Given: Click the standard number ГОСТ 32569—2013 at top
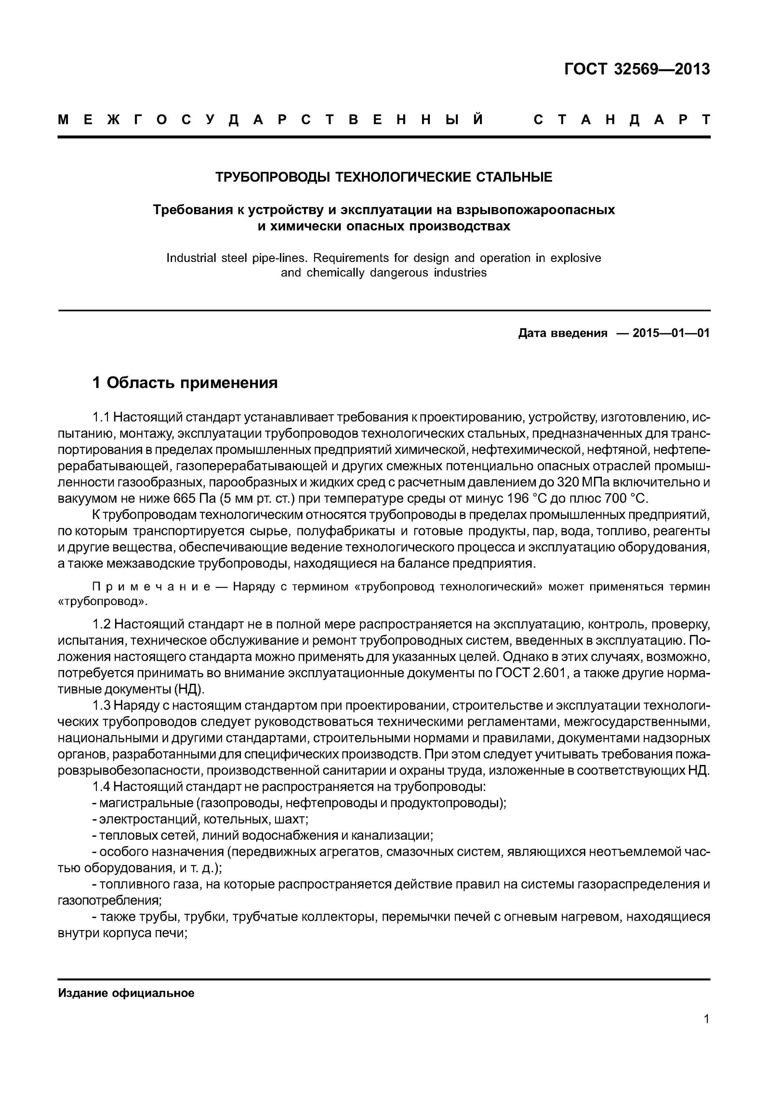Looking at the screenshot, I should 637,70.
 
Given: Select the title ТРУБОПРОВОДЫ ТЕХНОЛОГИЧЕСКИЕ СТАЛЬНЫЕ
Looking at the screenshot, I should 383,177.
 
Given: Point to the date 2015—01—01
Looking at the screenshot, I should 671,333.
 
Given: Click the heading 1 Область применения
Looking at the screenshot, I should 185,383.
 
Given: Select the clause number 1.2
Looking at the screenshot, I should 102,625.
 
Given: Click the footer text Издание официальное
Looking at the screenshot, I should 126,993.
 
